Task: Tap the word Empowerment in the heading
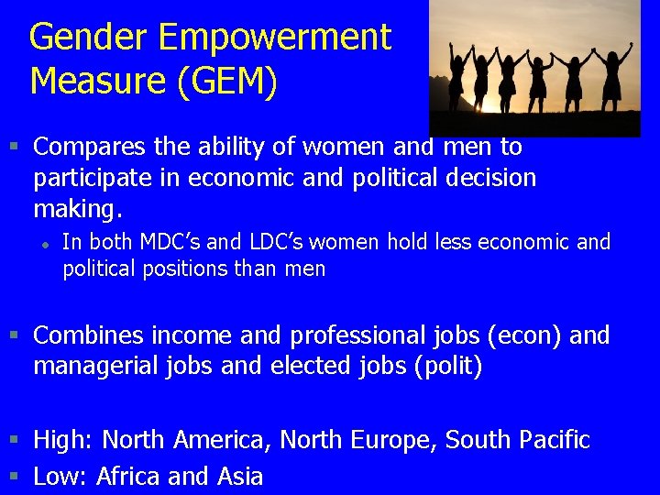pos(275,38)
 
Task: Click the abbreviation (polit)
pos(448,367)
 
